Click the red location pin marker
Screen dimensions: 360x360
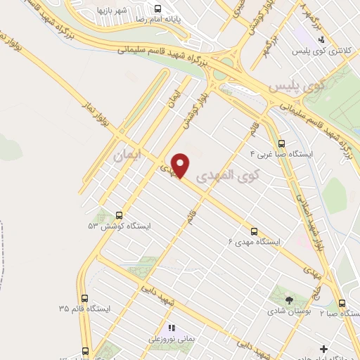pos(181,165)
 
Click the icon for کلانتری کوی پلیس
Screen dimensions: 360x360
pos(321,39)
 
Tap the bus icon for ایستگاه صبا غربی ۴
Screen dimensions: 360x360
pos(282,143)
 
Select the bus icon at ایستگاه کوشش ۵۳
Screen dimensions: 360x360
pos(118,216)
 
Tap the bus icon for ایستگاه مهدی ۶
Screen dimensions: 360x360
pos(254,231)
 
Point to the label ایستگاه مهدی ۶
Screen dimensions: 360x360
pos(254,242)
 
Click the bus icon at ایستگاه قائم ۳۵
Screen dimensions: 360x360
pos(85,298)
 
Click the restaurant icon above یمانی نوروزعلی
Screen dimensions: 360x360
pos(172,328)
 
